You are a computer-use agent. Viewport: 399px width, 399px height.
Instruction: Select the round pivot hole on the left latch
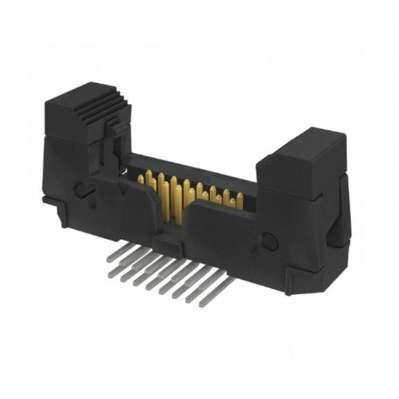tap(81, 189)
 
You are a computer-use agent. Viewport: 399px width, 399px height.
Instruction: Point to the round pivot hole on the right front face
tap(269, 242)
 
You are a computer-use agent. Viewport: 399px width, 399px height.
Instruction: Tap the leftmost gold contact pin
tap(141, 179)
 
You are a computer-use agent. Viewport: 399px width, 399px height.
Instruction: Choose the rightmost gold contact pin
tap(240, 200)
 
